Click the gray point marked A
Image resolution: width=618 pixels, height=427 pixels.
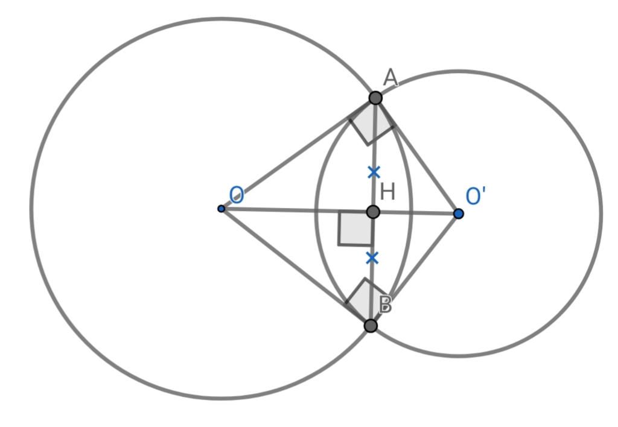click(x=375, y=98)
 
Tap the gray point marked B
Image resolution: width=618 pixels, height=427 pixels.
click(x=371, y=326)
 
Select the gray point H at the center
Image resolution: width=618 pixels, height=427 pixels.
click(x=373, y=212)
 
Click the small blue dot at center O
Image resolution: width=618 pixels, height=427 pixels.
click(x=221, y=209)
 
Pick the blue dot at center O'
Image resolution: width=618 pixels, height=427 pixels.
click(x=459, y=214)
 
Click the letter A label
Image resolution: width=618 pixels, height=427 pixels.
click(x=390, y=78)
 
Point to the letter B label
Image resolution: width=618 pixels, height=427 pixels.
click(x=385, y=305)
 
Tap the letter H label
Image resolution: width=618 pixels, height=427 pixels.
click(x=388, y=192)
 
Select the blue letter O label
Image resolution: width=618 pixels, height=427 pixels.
click(x=236, y=195)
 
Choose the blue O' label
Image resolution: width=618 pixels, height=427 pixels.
click(x=476, y=196)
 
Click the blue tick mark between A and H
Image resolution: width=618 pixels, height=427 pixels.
click(x=374, y=172)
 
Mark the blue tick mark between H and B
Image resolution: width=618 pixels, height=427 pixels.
click(x=372, y=258)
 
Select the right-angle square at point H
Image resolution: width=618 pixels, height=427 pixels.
click(x=355, y=229)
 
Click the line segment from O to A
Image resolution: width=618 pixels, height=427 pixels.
click(x=298, y=153)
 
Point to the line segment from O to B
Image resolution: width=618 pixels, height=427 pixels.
click(x=296, y=267)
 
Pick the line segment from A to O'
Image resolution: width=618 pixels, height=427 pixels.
click(x=417, y=156)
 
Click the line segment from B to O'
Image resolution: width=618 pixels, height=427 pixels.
click(x=414, y=270)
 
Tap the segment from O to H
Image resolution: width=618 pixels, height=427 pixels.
click(x=297, y=210)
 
